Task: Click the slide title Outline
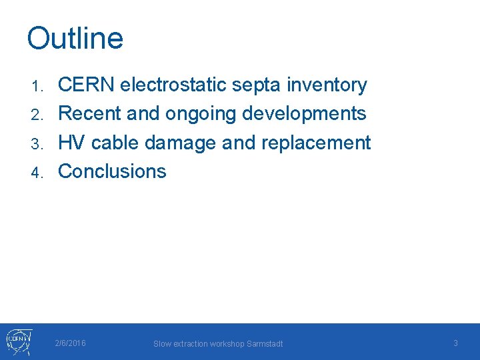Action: point(75,39)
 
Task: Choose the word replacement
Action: point(315,143)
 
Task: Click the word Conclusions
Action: point(112,171)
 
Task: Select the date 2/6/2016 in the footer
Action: point(70,343)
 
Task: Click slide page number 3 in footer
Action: point(455,343)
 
